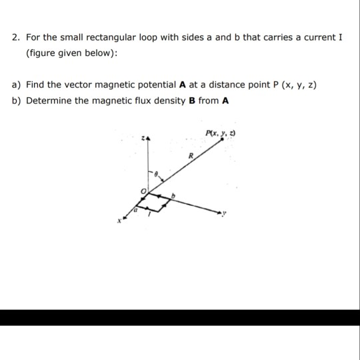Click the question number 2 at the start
pos(15,37)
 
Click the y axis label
pos(227,214)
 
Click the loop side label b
pos(173,195)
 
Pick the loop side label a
pos(136,209)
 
